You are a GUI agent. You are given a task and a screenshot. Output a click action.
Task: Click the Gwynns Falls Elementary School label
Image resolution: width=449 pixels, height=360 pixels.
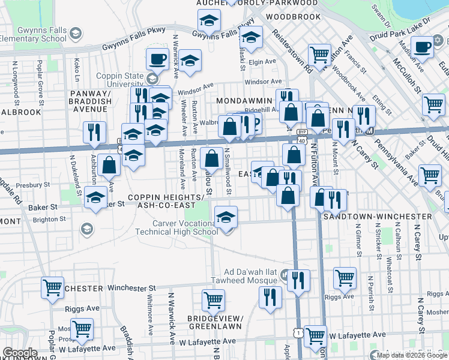pyautogui.click(x=33, y=34)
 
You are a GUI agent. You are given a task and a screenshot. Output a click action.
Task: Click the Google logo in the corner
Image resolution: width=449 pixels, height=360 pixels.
pyautogui.click(x=20, y=353)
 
